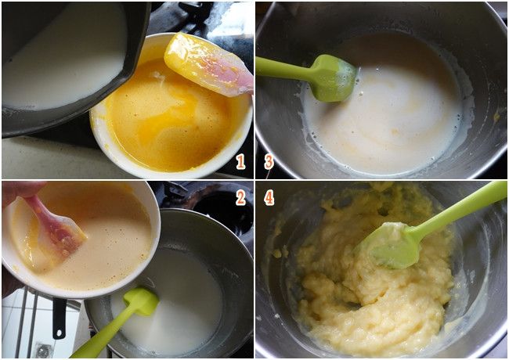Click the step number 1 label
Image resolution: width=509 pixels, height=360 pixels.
[x=240, y=161]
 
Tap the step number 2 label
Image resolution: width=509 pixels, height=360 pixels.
[x=240, y=197]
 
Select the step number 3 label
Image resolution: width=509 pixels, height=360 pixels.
[x=269, y=161]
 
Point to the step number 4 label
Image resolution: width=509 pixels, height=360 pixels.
[x=269, y=197]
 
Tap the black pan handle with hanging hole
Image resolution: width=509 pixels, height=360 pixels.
[x=60, y=318]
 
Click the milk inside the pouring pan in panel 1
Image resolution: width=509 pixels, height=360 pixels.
[x=65, y=62]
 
